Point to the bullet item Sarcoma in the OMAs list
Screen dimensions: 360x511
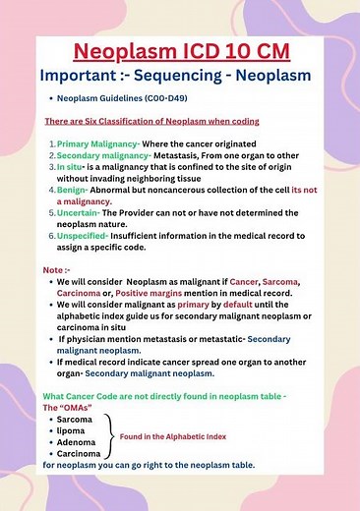75,419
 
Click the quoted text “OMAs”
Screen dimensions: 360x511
78,406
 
